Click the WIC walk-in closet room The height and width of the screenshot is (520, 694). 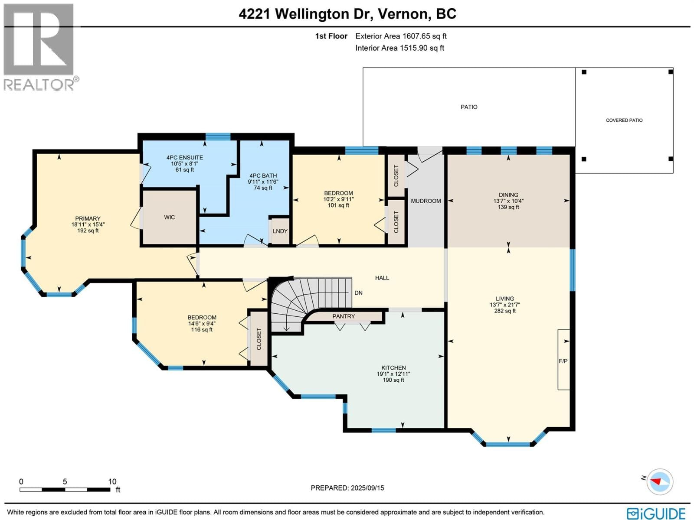coord(170,217)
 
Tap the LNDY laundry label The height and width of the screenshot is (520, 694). coord(280,231)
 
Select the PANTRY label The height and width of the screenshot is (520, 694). coord(344,316)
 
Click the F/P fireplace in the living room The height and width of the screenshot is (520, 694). coord(563,361)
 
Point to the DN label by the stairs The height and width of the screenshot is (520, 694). coord(358,293)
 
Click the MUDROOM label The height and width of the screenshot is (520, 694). coord(426,201)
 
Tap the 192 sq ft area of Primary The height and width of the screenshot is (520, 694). coord(88,231)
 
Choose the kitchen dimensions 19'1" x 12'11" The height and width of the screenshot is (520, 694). coord(393,374)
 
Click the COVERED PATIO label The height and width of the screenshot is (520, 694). coord(624,120)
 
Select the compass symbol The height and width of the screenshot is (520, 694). coord(660,481)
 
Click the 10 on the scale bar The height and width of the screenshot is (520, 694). coord(112,481)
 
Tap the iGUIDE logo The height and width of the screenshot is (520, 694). coord(656,513)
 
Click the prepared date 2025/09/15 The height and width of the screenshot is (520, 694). coord(367,488)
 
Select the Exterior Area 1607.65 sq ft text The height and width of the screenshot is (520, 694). coord(401,36)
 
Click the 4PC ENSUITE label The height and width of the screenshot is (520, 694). coord(185,158)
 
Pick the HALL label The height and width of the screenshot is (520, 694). coord(382,278)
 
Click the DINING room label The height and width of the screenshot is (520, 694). coord(508,195)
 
